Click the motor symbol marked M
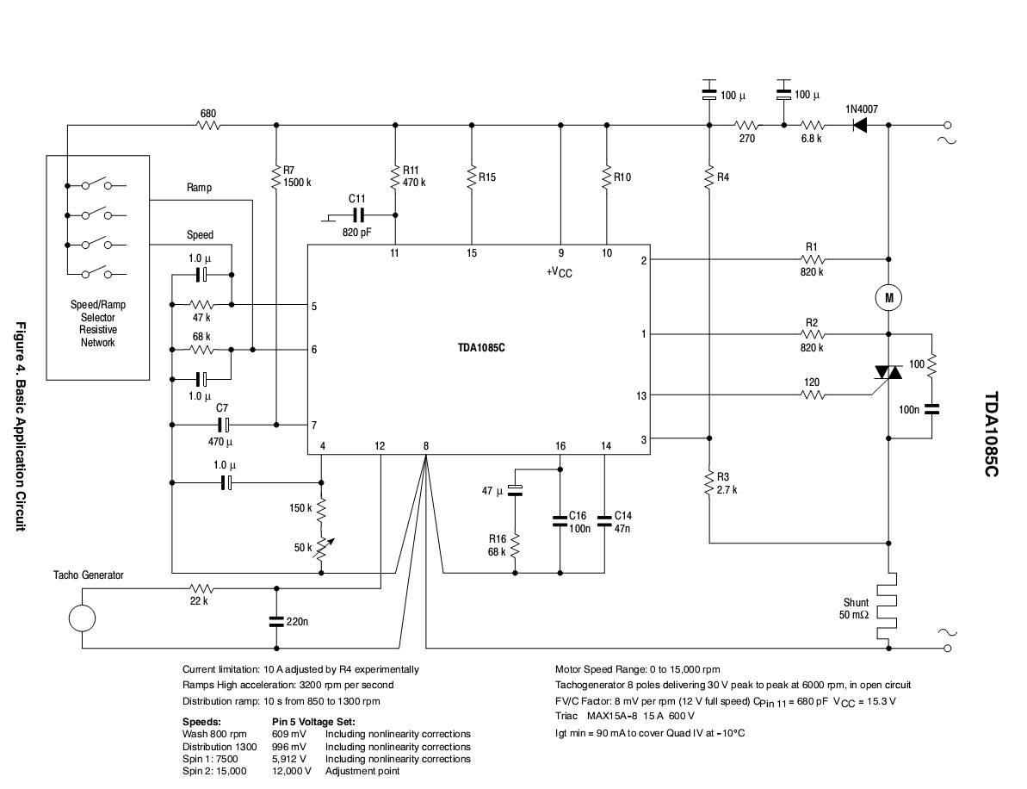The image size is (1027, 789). (888, 298)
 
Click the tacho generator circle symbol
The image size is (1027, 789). (82, 618)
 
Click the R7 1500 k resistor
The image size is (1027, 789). (276, 177)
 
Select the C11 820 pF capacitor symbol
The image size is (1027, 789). (357, 215)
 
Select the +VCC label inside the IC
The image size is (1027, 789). (560, 272)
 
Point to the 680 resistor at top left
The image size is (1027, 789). (207, 125)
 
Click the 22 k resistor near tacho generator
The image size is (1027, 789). (199, 589)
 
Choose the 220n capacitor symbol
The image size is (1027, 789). (276, 619)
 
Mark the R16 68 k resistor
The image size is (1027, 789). (515, 544)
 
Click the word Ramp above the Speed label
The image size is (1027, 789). (199, 187)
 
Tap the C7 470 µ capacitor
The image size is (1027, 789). (223, 425)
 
